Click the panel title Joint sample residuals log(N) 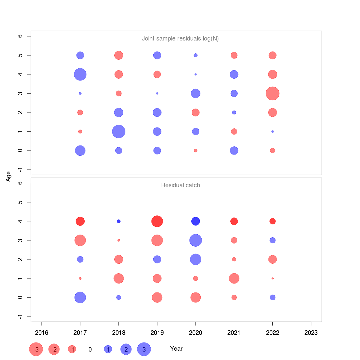pos(180,38)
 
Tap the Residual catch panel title pos(180,185)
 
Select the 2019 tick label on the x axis pos(157,332)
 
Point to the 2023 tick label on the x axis pos(311,332)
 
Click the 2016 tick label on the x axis pos(42,332)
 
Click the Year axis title pos(176,349)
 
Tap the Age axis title pos(8,176)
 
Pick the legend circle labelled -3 pos(36,349)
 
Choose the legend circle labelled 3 pos(144,349)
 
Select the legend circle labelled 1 pos(108,349)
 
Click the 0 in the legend pos(90,349)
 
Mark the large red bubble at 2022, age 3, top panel pos(272,93)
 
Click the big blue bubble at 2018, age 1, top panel pos(118,131)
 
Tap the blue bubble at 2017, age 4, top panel pos(80,74)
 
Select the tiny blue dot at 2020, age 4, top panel pos(196,74)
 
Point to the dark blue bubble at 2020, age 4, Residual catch pos(196,221)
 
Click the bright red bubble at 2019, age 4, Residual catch pos(157,221)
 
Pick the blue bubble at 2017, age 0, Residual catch pos(80,298)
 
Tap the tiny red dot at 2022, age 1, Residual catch pos(272,278)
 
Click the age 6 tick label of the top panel pos(20,36)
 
